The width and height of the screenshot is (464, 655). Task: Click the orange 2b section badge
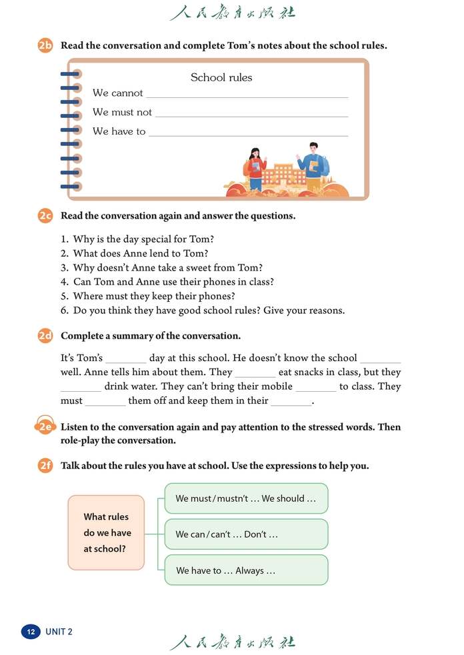coord(45,46)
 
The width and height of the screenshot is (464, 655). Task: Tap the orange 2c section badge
coord(45,216)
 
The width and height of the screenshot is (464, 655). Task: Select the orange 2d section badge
coord(45,336)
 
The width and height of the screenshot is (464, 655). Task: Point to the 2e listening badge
coord(45,427)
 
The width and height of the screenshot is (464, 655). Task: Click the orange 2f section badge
coord(45,466)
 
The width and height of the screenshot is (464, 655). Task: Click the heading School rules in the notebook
coord(221,77)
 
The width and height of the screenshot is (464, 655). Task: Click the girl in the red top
coord(256,169)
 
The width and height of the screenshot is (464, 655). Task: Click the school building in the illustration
coord(282,175)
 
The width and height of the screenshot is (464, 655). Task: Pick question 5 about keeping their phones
coord(154,296)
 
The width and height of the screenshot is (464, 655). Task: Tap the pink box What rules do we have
coord(107,532)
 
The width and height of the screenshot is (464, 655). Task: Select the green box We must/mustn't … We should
coord(246,498)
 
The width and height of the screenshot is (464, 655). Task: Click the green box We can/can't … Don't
coord(246,534)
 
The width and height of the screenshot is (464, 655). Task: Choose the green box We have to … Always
coord(246,570)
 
